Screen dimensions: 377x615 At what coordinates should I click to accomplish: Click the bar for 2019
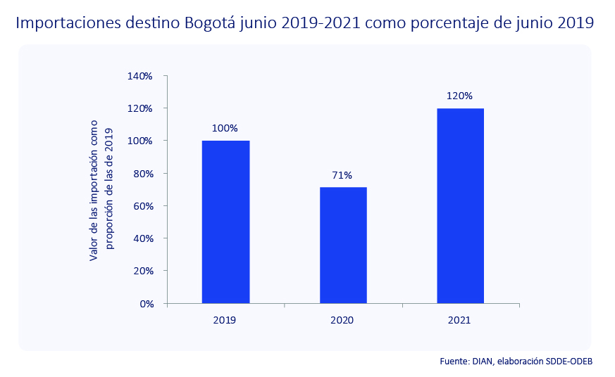pyautogui.click(x=225, y=222)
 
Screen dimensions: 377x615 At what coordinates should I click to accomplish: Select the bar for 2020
pyautogui.click(x=343, y=245)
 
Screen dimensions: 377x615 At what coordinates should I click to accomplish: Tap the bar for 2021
pyautogui.click(x=460, y=205)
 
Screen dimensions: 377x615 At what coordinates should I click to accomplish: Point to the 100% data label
pyautogui.click(x=225, y=129)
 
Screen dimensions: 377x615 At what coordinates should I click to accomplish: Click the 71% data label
pyautogui.click(x=343, y=175)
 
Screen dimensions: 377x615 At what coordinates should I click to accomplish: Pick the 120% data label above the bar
pyautogui.click(x=460, y=96)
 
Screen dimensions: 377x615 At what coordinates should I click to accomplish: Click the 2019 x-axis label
pyautogui.click(x=225, y=320)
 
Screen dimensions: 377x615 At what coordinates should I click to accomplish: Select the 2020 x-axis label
pyautogui.click(x=342, y=320)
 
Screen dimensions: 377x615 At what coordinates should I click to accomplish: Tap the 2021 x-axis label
pyautogui.click(x=459, y=320)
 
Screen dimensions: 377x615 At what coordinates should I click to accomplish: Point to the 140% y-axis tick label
pyautogui.click(x=140, y=76)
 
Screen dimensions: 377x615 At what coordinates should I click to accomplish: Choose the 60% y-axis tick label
pyautogui.click(x=142, y=206)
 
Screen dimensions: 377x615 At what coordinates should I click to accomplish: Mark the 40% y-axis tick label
pyautogui.click(x=142, y=238)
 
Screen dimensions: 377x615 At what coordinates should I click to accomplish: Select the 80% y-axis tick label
pyautogui.click(x=142, y=174)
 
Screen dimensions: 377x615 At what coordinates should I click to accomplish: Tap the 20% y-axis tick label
pyautogui.click(x=142, y=271)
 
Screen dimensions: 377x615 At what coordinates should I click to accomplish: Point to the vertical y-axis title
pyautogui.click(x=102, y=190)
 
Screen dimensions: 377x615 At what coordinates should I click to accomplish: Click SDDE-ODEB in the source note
pyautogui.click(x=569, y=361)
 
